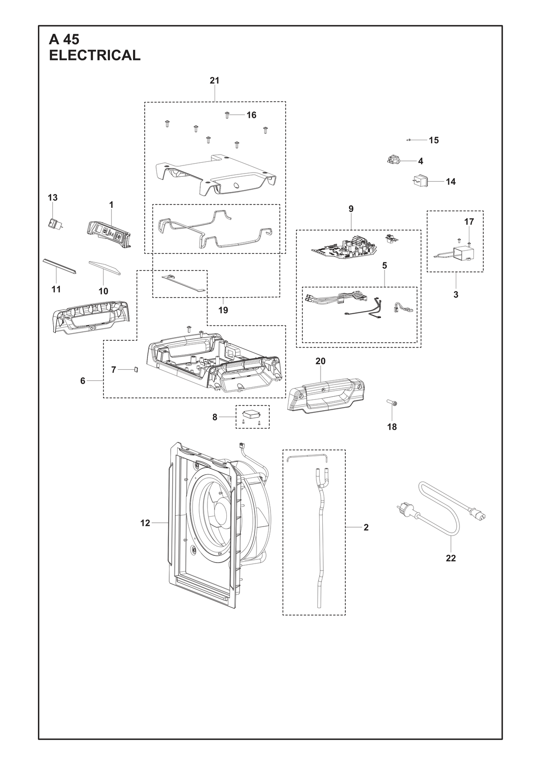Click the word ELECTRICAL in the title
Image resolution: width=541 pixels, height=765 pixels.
(95, 55)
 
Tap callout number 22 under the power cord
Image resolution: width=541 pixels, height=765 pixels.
(451, 558)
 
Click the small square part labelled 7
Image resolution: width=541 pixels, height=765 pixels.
(136, 369)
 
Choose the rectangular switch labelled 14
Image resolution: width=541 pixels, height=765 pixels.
(419, 181)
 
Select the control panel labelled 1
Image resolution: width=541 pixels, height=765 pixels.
(108, 233)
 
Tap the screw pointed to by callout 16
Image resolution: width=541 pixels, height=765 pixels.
(227, 115)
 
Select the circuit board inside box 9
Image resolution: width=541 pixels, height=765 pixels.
(344, 250)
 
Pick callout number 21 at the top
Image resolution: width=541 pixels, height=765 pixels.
(215, 81)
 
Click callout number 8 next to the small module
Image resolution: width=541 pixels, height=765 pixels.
(215, 417)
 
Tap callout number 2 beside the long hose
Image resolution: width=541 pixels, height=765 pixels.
(366, 527)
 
